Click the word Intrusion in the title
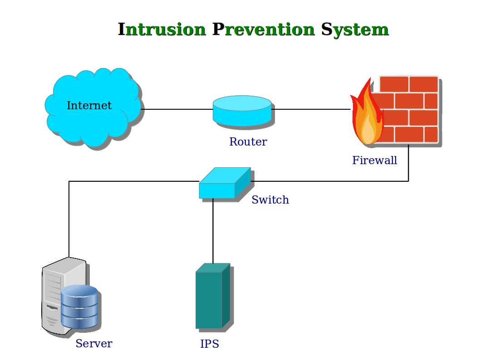point(162,29)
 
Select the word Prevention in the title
point(263,29)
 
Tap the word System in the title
point(355,29)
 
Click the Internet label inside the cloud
point(89,106)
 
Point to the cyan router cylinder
point(242,110)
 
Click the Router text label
point(248,142)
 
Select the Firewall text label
point(374,160)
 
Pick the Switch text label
point(270,200)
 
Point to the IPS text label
point(209,344)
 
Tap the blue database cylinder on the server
point(79,306)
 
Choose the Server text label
point(93,344)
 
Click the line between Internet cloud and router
point(177,109)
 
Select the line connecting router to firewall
point(311,109)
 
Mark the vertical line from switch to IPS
point(213,231)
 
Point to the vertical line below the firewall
point(408,163)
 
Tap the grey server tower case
point(52,295)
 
